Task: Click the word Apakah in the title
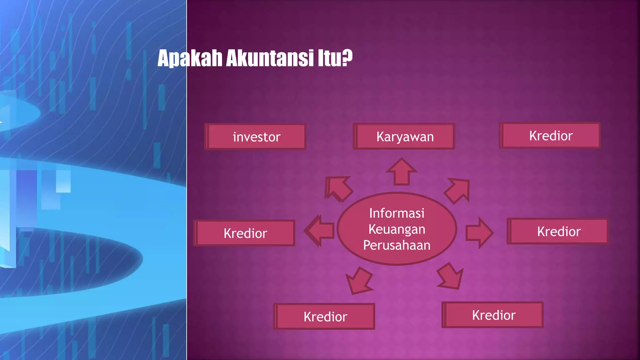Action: tap(190, 58)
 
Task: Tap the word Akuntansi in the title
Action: tap(269, 58)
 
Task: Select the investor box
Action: tap(256, 137)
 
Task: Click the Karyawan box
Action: tap(404, 137)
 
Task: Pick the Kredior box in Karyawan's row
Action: tap(550, 136)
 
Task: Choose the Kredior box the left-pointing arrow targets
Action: tap(245, 233)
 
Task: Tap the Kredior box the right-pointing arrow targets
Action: tap(558, 232)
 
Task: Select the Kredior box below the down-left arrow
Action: tap(325, 317)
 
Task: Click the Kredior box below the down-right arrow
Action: tap(493, 315)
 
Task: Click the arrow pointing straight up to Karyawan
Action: tap(402, 172)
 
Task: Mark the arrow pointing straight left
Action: tap(320, 231)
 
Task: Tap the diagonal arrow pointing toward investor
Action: tap(338, 188)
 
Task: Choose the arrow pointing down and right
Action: tap(450, 276)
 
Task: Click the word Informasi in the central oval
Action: tap(397, 213)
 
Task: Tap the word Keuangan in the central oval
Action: tap(397, 229)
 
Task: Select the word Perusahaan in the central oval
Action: tap(397, 245)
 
